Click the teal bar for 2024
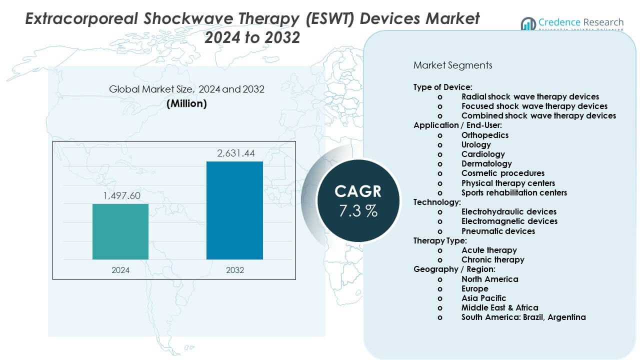(120, 231)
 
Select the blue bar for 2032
(234, 210)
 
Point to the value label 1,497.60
(121, 195)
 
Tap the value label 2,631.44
(235, 153)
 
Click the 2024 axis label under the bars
(120, 270)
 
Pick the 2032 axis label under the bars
(235, 270)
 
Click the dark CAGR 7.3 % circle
(358, 200)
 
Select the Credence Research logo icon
(528, 23)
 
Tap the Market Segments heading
(453, 65)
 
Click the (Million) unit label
(186, 103)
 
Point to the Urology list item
(476, 144)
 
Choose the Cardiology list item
(483, 154)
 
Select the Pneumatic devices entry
(498, 231)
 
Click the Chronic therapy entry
(492, 259)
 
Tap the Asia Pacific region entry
(483, 298)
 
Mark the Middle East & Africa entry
(499, 307)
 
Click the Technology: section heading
(437, 202)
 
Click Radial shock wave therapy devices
(530, 96)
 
